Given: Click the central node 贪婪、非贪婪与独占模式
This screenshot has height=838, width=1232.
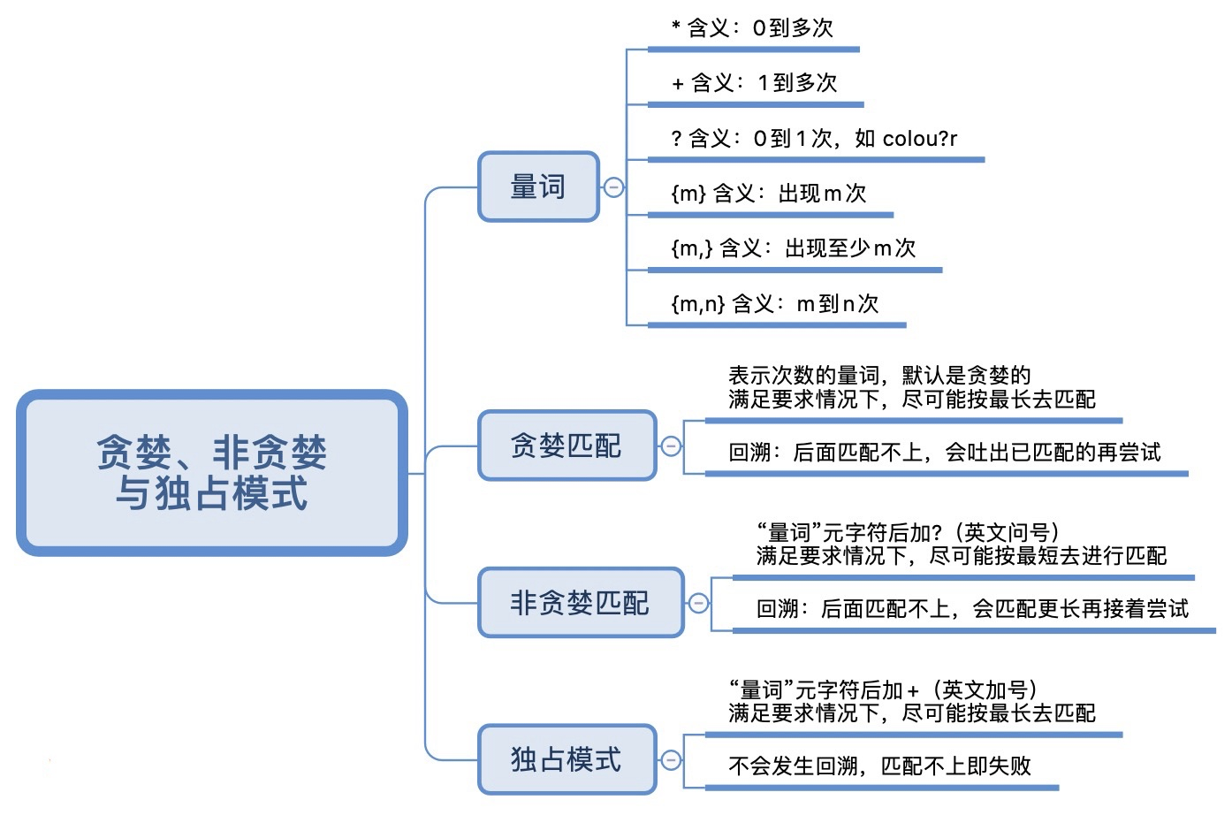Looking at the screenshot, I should tap(212, 473).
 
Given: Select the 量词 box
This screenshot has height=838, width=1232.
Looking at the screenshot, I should tap(538, 187).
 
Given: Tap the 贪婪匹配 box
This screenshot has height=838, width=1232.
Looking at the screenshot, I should tap(567, 446).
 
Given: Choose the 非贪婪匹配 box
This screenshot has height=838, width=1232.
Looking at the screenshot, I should tap(580, 603).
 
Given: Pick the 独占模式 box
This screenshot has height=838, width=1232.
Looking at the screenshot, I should tap(567, 759).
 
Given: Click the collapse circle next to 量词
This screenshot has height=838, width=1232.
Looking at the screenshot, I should tap(613, 187).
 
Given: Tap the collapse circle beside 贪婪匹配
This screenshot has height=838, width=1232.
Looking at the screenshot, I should tap(671, 446).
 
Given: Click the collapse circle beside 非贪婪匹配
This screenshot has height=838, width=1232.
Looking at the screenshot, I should tap(698, 604).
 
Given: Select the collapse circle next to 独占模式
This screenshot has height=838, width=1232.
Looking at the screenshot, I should tap(671, 760).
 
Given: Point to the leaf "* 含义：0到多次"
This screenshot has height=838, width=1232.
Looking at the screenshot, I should tap(752, 28).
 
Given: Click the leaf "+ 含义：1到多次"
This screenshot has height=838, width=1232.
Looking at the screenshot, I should tap(754, 83).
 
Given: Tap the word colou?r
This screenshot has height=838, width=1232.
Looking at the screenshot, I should tap(919, 139).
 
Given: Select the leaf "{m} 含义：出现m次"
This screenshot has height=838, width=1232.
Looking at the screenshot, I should tap(768, 194).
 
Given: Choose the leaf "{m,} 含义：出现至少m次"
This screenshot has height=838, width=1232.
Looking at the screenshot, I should tap(793, 248).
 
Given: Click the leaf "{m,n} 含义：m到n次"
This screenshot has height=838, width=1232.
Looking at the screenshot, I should tap(774, 304).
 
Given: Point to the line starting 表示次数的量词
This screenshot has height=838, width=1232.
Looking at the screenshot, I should tap(879, 376).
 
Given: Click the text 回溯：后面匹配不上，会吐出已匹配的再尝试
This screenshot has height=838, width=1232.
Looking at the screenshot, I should tap(944, 453).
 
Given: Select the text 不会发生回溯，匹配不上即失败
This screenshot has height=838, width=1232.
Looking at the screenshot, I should tap(879, 766).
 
